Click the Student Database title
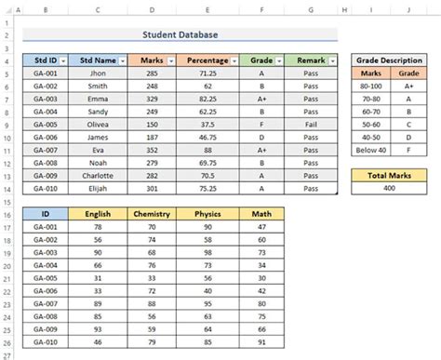pyautogui.click(x=181, y=35)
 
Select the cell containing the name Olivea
pyautogui.click(x=98, y=124)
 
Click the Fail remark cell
pyautogui.click(x=311, y=124)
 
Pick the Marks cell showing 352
pyautogui.click(x=152, y=149)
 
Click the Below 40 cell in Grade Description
pyautogui.click(x=370, y=149)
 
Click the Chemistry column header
pyautogui.click(x=152, y=214)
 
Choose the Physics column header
pyautogui.click(x=207, y=214)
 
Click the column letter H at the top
pyautogui.click(x=343, y=11)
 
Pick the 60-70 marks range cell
pyautogui.click(x=370, y=111)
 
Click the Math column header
pyautogui.click(x=261, y=214)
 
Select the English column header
pyautogui.click(x=98, y=214)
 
